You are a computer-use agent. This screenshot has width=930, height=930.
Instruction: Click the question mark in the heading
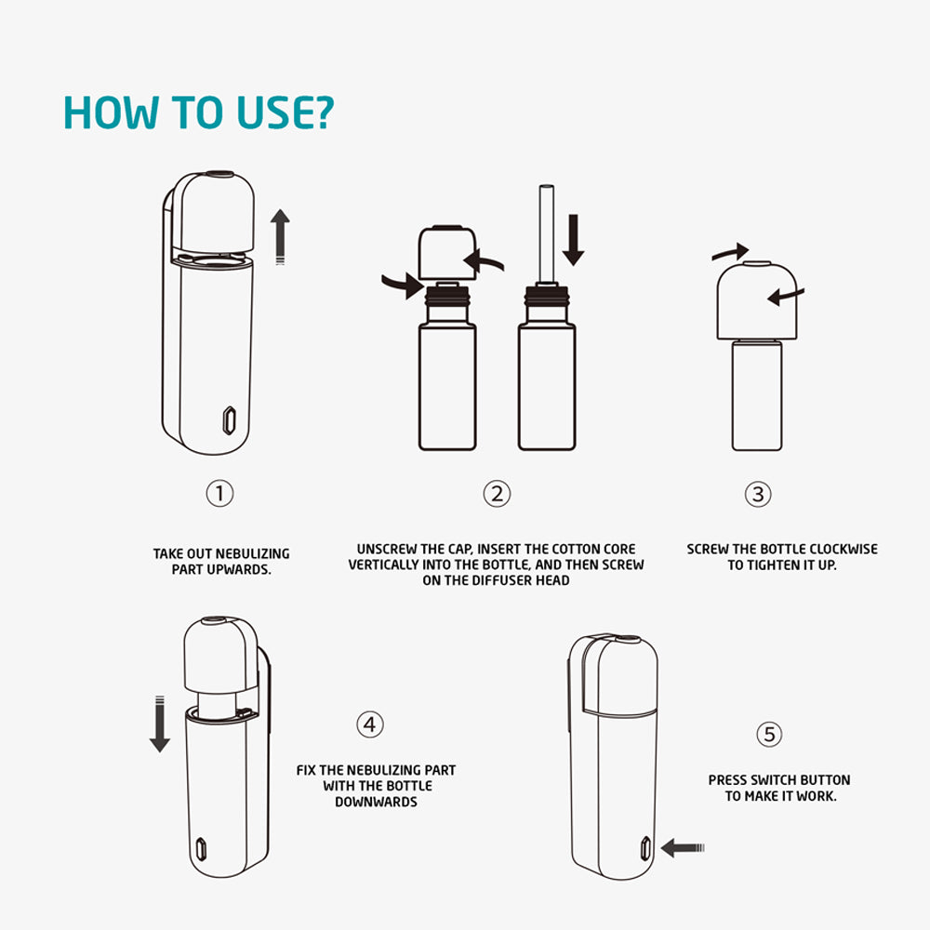pos(323,113)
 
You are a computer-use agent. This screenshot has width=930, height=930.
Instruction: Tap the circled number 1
pos(219,494)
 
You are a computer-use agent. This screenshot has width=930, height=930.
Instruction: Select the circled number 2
pos(497,494)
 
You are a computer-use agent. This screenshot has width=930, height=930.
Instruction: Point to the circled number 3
pos(758,494)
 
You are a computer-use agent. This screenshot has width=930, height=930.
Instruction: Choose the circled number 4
pos(369,724)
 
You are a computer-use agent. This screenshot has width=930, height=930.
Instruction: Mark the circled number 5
pos(769,735)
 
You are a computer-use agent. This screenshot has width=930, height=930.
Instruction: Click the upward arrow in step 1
pos(280,236)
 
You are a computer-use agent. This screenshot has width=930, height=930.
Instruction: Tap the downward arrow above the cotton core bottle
pos(574,240)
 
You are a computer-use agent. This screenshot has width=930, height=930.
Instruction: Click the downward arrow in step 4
pos(160,724)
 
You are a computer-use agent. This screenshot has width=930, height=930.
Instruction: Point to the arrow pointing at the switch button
pos(682,848)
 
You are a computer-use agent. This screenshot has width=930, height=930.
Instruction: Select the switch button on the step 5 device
pos(645,849)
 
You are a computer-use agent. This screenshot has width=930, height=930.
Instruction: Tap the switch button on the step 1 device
pos(229,420)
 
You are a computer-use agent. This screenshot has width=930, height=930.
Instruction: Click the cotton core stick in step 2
pos(546,234)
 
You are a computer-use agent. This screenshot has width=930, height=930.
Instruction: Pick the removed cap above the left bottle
pos(447,252)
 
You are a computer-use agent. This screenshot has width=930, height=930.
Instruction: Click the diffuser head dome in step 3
pos(756,300)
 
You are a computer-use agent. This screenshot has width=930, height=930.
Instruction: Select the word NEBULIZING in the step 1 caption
pos(253,554)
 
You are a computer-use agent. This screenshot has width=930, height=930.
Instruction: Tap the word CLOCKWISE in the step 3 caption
pos(844,550)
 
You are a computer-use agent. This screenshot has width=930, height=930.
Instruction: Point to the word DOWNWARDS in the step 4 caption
pos(376,802)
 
